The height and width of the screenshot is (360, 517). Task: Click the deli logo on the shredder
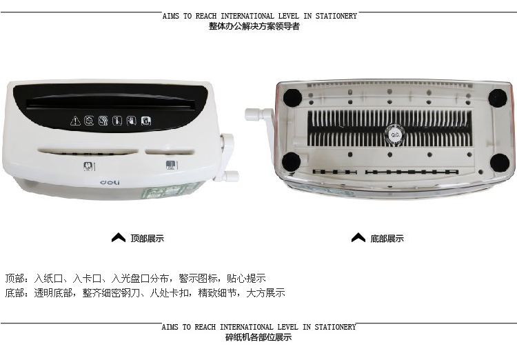(110, 183)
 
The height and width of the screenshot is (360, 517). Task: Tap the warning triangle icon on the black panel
(76, 121)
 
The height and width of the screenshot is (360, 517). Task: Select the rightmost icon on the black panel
(146, 121)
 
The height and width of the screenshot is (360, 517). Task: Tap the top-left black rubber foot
(292, 98)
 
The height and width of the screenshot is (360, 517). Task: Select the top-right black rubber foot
(498, 98)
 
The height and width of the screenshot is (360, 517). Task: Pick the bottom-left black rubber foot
(292, 162)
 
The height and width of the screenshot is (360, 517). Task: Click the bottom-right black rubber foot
(500, 163)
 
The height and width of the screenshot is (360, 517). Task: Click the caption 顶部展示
(147, 238)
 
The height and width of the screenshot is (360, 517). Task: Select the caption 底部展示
(387, 238)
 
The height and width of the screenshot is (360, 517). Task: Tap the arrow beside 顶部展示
(119, 237)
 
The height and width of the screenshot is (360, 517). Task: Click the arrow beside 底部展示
(358, 237)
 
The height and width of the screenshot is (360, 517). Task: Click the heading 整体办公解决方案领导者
(254, 26)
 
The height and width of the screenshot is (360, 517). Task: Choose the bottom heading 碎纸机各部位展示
(258, 337)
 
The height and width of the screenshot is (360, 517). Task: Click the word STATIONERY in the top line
(336, 16)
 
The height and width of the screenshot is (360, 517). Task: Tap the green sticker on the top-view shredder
(168, 192)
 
